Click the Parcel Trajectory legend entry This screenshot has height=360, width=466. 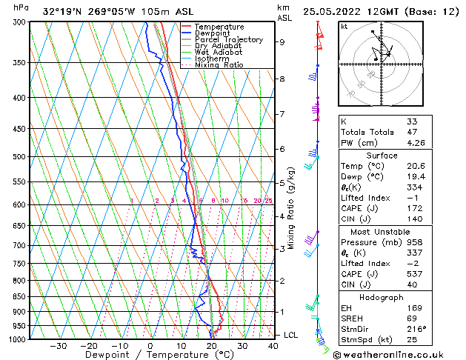click(x=228, y=39)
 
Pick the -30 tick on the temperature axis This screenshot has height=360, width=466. click(x=58, y=346)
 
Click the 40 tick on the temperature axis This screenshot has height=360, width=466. click(x=273, y=346)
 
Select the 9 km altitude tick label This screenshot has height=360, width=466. click(x=282, y=42)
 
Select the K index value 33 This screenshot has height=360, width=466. click(x=413, y=121)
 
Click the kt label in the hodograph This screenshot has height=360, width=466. click(x=344, y=27)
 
